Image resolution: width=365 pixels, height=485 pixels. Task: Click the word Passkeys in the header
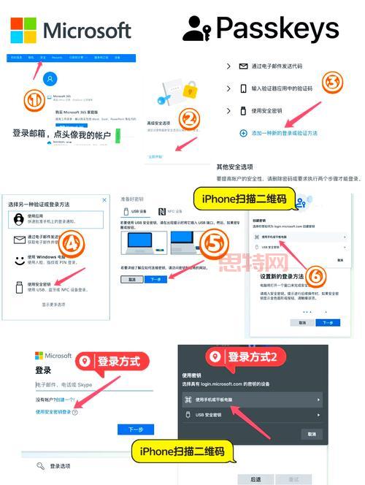[277, 28]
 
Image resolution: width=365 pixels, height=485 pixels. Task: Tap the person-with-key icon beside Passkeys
[196, 29]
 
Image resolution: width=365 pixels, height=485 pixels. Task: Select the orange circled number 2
[191, 118]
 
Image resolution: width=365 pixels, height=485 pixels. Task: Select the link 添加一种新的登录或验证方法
[289, 133]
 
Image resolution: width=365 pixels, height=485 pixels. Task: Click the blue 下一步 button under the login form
[135, 430]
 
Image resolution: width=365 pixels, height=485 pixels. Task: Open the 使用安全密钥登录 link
[54, 411]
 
